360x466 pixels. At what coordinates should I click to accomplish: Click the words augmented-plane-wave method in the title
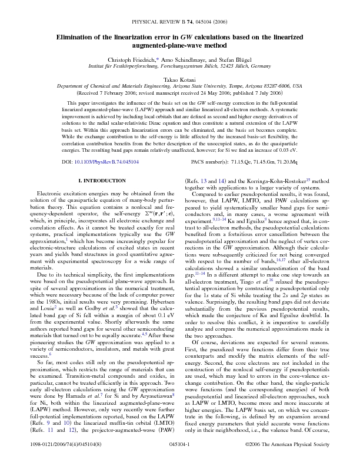pyautogui.click(x=180, y=45)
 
